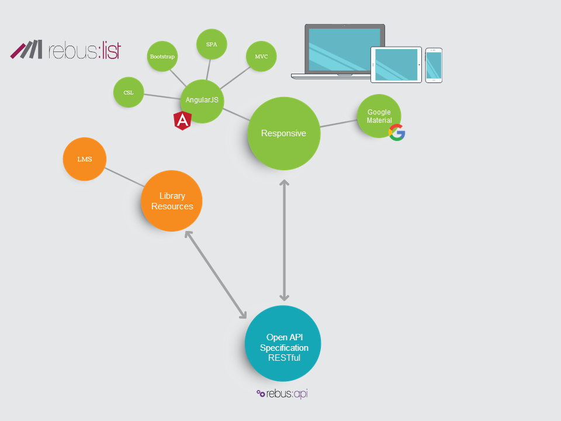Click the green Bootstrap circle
click(x=162, y=56)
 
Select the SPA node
click(x=212, y=44)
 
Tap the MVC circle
click(x=261, y=56)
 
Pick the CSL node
click(x=129, y=92)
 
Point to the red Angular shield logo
click(x=183, y=120)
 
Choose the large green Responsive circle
click(x=283, y=133)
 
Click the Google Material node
click(x=379, y=115)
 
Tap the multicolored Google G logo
click(x=397, y=133)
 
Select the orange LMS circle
click(x=85, y=159)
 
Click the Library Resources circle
click(x=172, y=201)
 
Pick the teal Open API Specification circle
click(x=283, y=343)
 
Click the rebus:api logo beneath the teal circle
click(x=282, y=394)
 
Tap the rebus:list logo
click(x=65, y=50)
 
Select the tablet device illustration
click(x=396, y=65)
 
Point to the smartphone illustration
click(x=434, y=65)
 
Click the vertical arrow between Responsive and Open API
click(x=284, y=240)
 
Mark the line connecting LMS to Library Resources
click(x=124, y=177)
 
